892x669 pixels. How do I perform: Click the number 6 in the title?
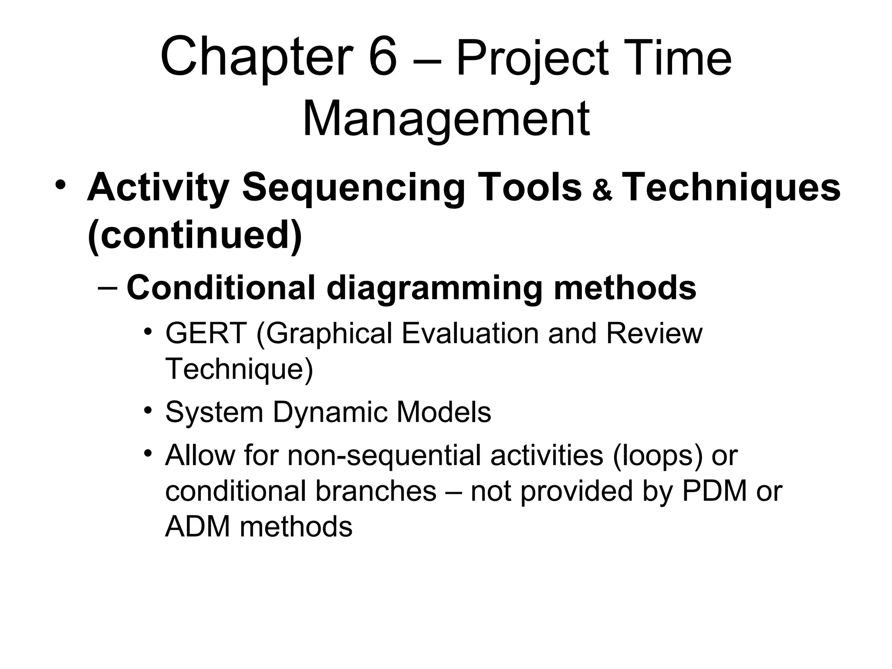tap(383, 58)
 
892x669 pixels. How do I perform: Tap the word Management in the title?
tap(446, 119)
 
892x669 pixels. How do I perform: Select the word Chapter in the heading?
tap(257, 58)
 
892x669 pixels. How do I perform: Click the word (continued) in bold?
tap(195, 235)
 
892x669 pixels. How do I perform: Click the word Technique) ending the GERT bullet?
tap(239, 368)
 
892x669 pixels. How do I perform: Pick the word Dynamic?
tap(330, 412)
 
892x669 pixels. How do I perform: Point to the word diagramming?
tap(434, 288)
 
